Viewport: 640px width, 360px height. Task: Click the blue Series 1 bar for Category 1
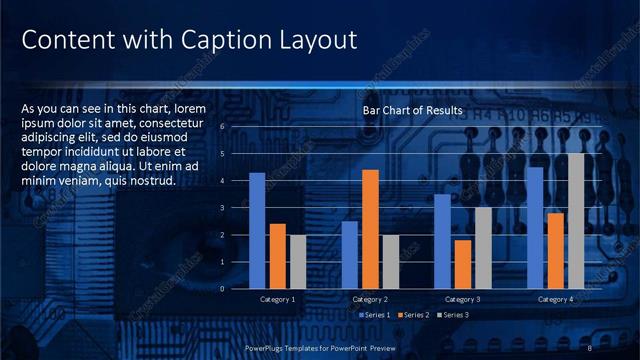(x=257, y=230)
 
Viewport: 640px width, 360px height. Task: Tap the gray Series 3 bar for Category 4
(x=576, y=221)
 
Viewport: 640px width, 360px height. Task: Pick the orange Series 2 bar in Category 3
(x=463, y=264)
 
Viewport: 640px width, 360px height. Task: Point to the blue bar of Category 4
(x=535, y=227)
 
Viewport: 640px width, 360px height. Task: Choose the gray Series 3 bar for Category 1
(x=297, y=261)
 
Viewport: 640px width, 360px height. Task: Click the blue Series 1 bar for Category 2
(x=349, y=254)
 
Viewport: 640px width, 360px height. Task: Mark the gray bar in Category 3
(x=483, y=247)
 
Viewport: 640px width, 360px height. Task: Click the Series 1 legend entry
(x=375, y=315)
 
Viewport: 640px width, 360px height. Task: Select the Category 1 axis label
(x=277, y=299)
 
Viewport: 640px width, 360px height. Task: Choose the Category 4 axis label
(x=556, y=299)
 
